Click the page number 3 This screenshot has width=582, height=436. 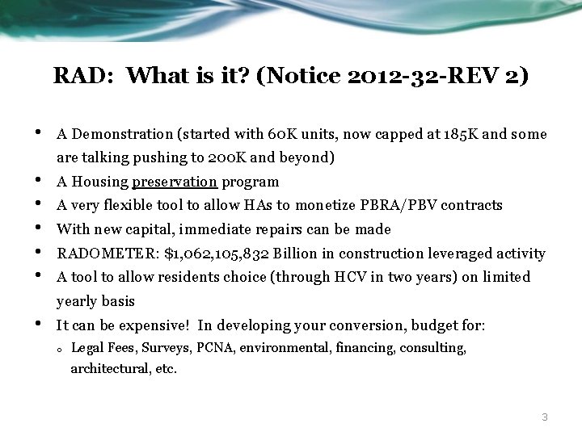pyautogui.click(x=545, y=417)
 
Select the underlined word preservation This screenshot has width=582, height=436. pyautogui.click(x=175, y=182)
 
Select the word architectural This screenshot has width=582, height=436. pyautogui.click(x=104, y=369)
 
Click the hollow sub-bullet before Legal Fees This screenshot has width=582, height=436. pyautogui.click(x=61, y=350)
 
